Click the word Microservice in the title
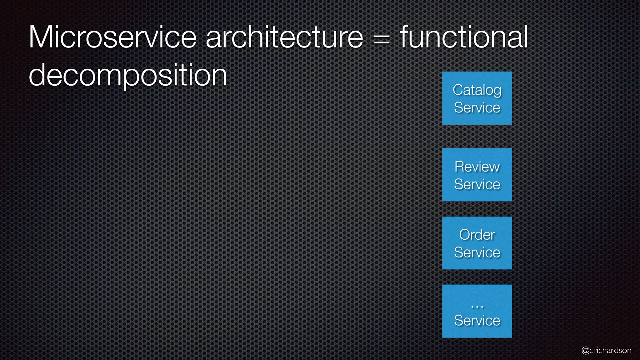(x=112, y=37)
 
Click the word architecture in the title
(x=284, y=37)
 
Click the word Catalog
(x=477, y=90)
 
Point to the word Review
(x=477, y=167)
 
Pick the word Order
(x=477, y=235)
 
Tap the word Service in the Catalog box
(x=477, y=108)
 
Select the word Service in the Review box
(x=477, y=184)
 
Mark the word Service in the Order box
(x=477, y=252)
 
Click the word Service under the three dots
(x=477, y=321)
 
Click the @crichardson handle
(x=606, y=350)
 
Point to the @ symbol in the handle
(x=585, y=351)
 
